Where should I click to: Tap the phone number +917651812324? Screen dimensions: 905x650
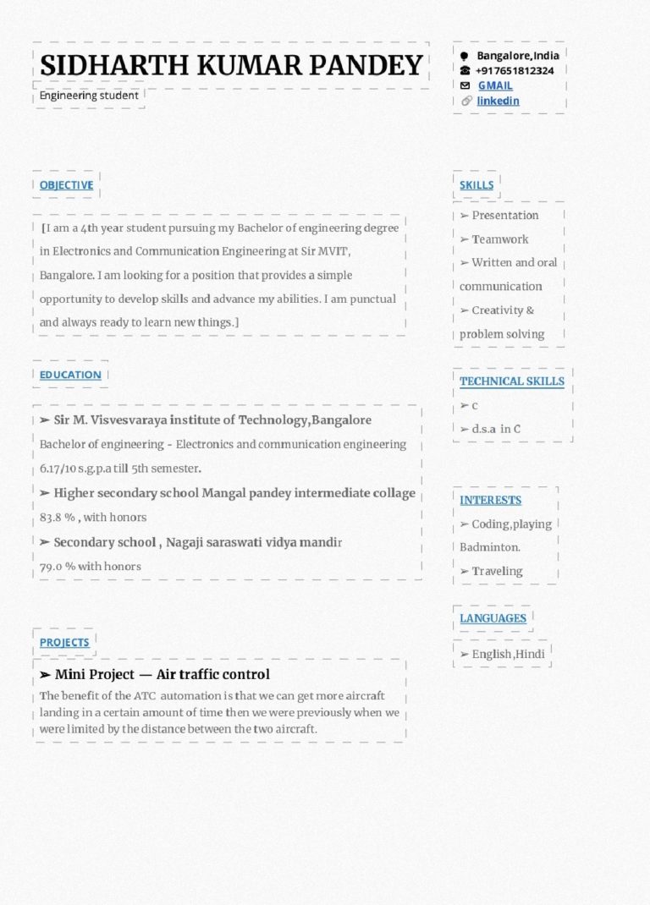(515, 70)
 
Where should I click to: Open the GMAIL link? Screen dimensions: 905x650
(495, 85)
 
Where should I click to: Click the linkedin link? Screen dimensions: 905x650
(498, 101)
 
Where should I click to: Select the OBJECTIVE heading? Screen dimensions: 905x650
(66, 184)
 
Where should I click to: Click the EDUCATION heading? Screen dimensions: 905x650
(70, 375)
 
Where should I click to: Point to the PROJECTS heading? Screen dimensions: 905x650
(64, 642)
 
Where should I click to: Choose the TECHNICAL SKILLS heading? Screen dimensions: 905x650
(512, 381)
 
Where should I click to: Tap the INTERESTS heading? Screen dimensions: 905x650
(491, 500)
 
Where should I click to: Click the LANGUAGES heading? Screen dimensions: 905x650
(493, 618)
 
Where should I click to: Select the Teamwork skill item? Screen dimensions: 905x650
(499, 239)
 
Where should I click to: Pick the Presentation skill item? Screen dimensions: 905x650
(504, 215)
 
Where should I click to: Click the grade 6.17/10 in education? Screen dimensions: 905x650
(58, 468)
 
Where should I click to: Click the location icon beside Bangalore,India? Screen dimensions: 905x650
(465, 56)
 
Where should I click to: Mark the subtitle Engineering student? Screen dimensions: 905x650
(89, 96)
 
